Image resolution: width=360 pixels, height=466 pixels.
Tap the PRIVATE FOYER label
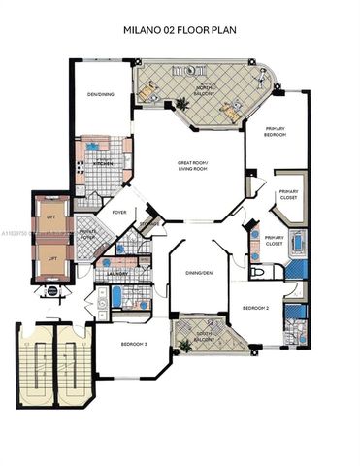pyautogui.click(x=86, y=235)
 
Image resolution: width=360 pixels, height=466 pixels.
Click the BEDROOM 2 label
pyautogui.click(x=254, y=307)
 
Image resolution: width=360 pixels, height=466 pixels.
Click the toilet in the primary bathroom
pyautogui.click(x=258, y=273)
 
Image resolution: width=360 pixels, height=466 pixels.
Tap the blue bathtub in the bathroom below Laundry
pyautogui.click(x=116, y=298)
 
